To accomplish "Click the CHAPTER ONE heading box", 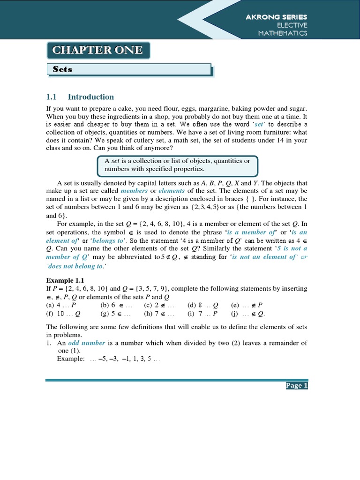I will click(x=98, y=50).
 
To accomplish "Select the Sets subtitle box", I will click(x=129, y=69).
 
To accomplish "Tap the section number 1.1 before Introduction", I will click(x=51, y=97).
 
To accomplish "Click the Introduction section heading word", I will click(x=91, y=97).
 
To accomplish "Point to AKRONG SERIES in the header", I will click(x=277, y=17).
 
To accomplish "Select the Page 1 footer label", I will click(x=296, y=386).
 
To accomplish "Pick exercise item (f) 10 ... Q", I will click(x=63, y=314).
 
